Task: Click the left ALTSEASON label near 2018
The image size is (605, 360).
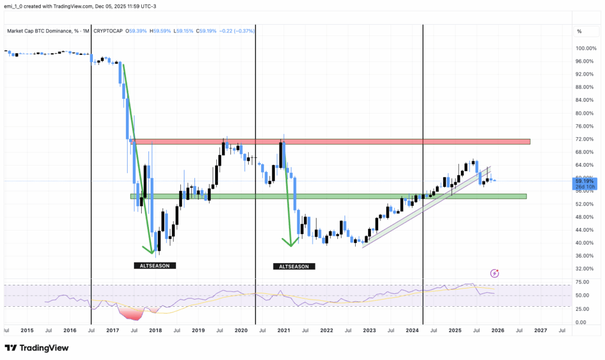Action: point(155,267)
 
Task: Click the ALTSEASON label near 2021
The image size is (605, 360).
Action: point(294,267)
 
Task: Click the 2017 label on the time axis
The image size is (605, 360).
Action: point(112,330)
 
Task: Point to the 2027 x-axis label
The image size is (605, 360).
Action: point(540,330)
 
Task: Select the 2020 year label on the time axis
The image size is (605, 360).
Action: point(240,330)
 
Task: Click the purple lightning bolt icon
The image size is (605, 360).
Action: point(495,273)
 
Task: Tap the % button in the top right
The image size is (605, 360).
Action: point(579,31)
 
